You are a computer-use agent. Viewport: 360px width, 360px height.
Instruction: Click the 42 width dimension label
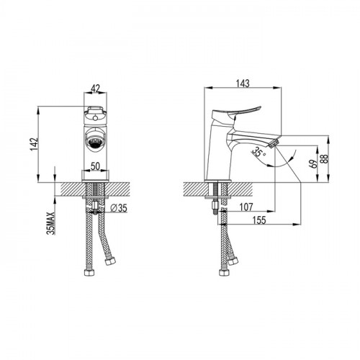[x=95, y=89]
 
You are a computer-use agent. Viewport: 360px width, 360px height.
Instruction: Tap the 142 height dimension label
[x=35, y=144]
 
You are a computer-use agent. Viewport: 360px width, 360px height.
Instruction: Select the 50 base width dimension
[x=95, y=166]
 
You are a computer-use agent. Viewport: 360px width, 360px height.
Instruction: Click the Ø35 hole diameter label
[x=119, y=208]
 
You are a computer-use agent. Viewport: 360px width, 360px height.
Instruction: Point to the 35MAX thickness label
[x=51, y=223]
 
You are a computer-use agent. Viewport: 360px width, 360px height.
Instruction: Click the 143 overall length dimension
[x=243, y=84]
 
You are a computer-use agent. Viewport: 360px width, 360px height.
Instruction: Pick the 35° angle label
[x=258, y=152]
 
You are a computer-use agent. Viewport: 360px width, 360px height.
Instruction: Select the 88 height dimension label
[x=325, y=159]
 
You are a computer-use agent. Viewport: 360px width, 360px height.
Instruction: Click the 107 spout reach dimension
[x=246, y=207]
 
